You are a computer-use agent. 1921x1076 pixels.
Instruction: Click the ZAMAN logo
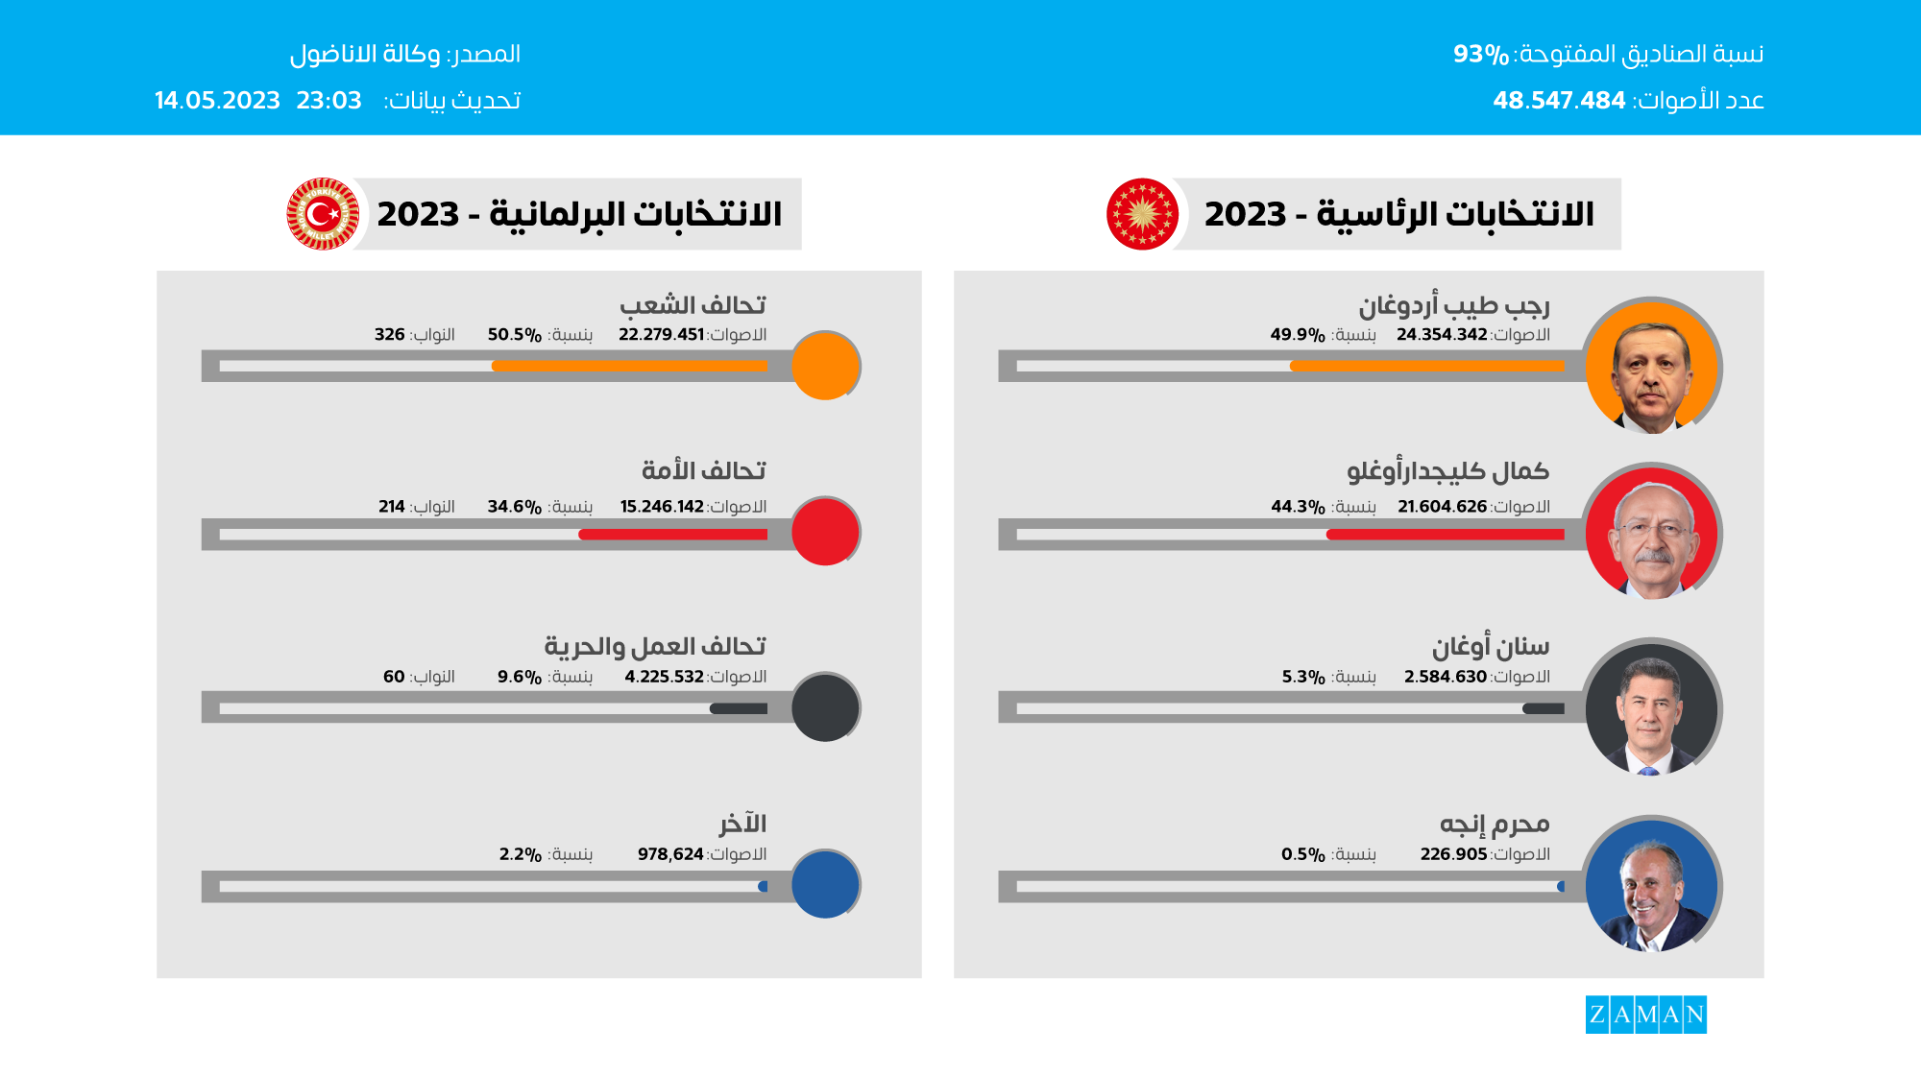coord(1645,1014)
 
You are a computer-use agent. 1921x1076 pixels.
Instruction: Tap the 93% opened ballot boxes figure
coord(1480,54)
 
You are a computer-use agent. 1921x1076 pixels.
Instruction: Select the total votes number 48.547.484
coord(1558,100)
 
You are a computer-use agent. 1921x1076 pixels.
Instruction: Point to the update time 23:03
coord(328,100)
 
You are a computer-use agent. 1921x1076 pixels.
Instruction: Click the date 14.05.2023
coord(217,100)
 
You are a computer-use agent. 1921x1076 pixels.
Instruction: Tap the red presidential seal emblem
coord(1142,213)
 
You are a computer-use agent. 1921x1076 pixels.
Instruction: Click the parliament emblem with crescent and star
coord(324,213)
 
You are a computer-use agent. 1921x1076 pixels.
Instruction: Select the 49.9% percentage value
coord(1297,334)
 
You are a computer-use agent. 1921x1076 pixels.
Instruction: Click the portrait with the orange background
coord(1651,367)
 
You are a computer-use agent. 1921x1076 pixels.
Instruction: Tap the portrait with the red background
coord(1651,533)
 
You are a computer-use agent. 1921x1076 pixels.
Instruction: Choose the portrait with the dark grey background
coord(1651,708)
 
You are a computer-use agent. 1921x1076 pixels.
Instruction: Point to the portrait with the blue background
coord(1651,885)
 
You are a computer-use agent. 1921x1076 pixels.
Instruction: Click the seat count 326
coord(389,334)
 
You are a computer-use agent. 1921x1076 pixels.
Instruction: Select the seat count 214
coord(391,506)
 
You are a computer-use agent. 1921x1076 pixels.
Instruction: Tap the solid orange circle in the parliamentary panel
coord(824,366)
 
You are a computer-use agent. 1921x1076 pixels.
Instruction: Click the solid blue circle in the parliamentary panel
coord(824,884)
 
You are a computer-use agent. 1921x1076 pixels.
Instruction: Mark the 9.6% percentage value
coord(519,676)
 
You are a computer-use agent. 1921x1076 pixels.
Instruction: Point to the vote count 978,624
coord(670,853)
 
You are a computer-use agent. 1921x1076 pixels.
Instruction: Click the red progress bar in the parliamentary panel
coord(672,534)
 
